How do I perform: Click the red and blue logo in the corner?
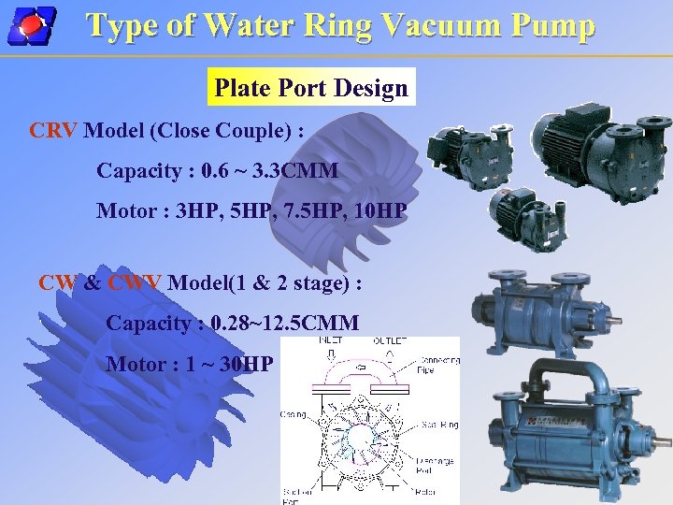point(31,25)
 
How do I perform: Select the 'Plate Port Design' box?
point(311,89)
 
